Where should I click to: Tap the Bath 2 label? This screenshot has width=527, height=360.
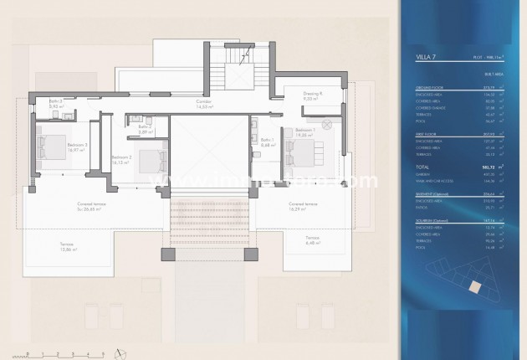click(x=144, y=129)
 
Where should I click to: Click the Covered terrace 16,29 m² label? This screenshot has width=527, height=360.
click(x=300, y=206)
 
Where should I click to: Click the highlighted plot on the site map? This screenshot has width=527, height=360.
click(x=475, y=286)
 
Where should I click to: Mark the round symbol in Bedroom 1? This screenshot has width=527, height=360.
click(x=328, y=123)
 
